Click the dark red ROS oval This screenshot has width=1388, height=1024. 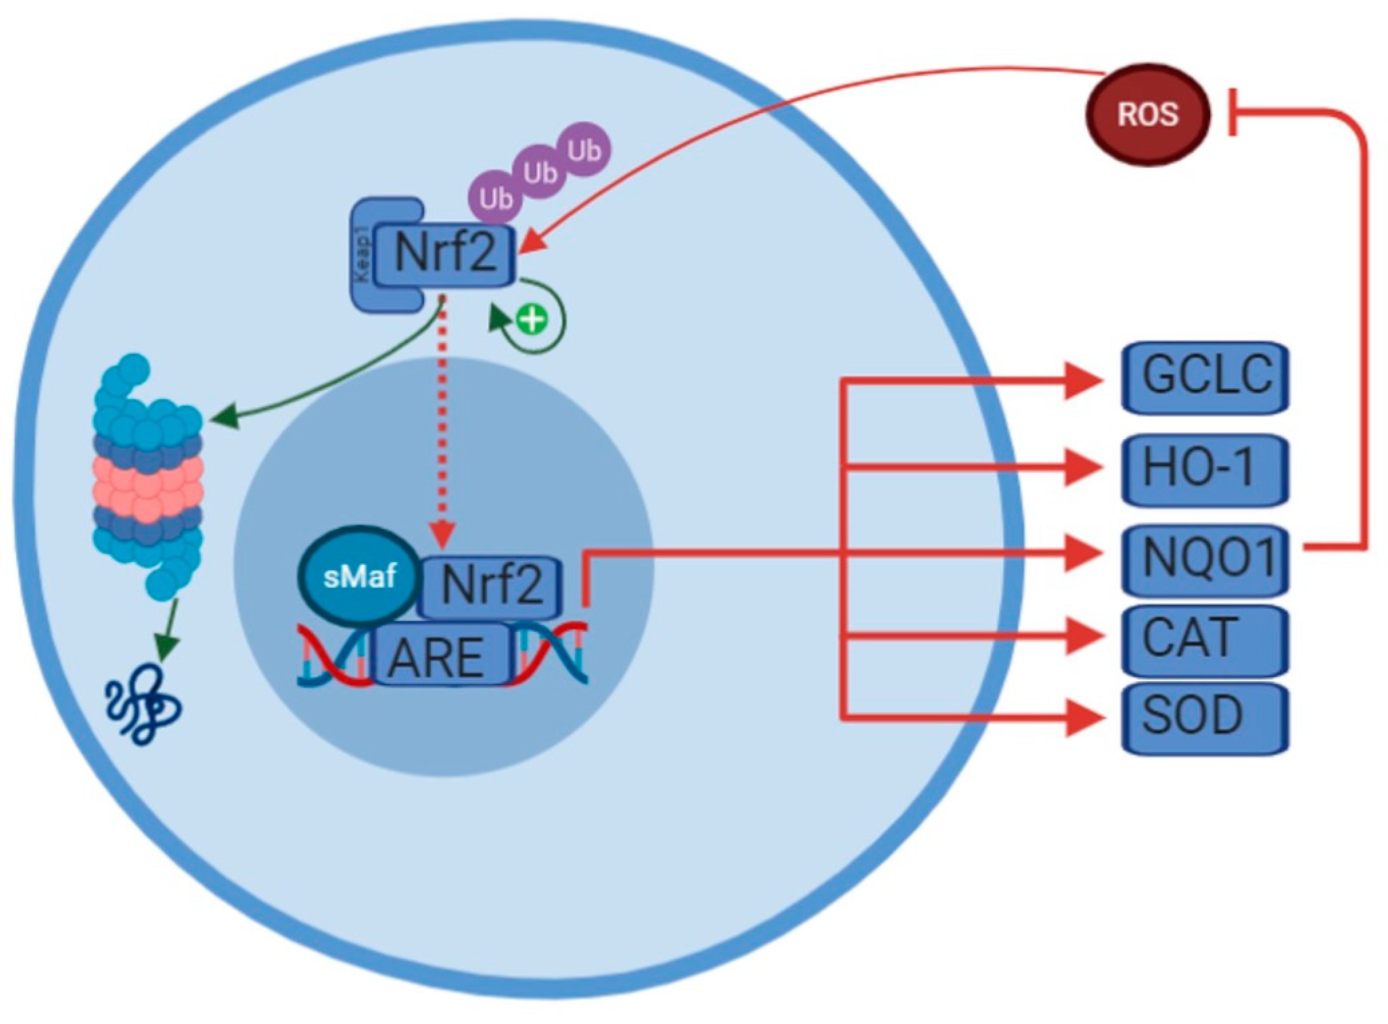click(1147, 115)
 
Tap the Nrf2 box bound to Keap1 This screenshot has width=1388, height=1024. click(445, 254)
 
